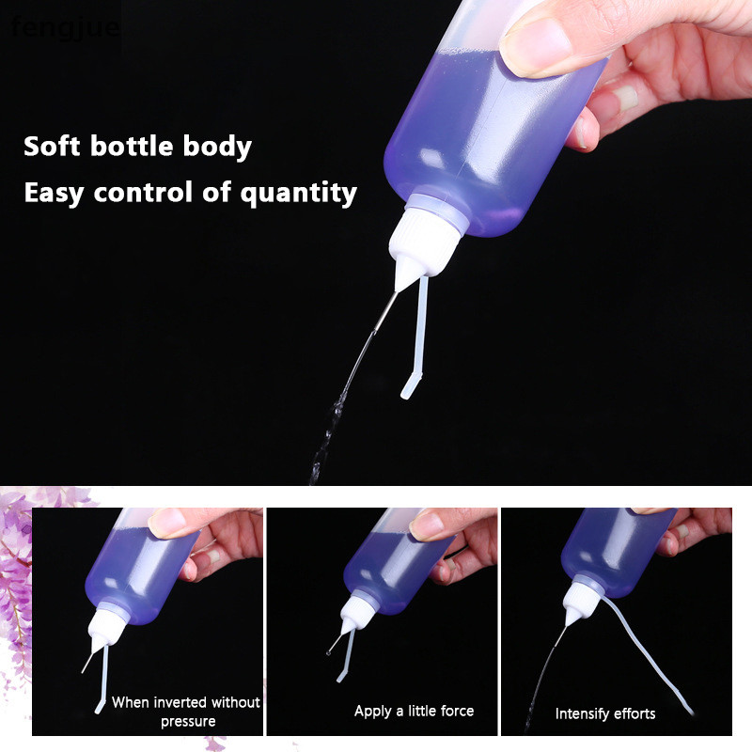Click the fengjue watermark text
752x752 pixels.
pyautogui.click(x=65, y=27)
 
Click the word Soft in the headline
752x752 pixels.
pyautogui.click(x=52, y=146)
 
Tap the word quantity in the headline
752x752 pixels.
pyautogui.click(x=298, y=194)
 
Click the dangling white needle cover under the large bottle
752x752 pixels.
pyautogui.click(x=417, y=336)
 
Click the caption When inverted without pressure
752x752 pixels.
pyautogui.click(x=186, y=712)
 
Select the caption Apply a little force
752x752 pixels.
pyautogui.click(x=414, y=711)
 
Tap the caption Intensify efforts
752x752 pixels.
pyautogui.click(x=605, y=713)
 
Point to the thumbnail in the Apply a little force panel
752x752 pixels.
pyautogui.click(x=426, y=526)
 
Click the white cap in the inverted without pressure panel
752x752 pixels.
pyautogui.click(x=107, y=627)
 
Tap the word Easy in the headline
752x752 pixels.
pyautogui.click(x=54, y=194)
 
